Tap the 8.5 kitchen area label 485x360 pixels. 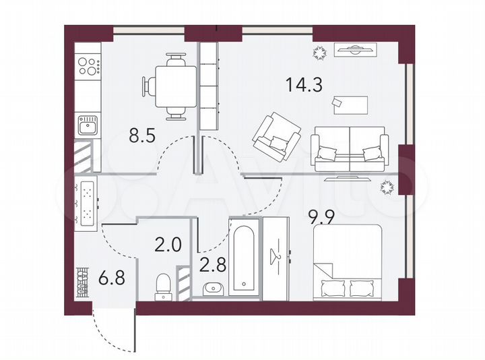tap(143, 136)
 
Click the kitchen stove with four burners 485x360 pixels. tap(88, 66)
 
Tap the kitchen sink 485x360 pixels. tap(88, 125)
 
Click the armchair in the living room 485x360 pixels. tap(276, 137)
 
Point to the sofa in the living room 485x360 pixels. tap(350, 151)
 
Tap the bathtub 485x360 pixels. tap(243, 256)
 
